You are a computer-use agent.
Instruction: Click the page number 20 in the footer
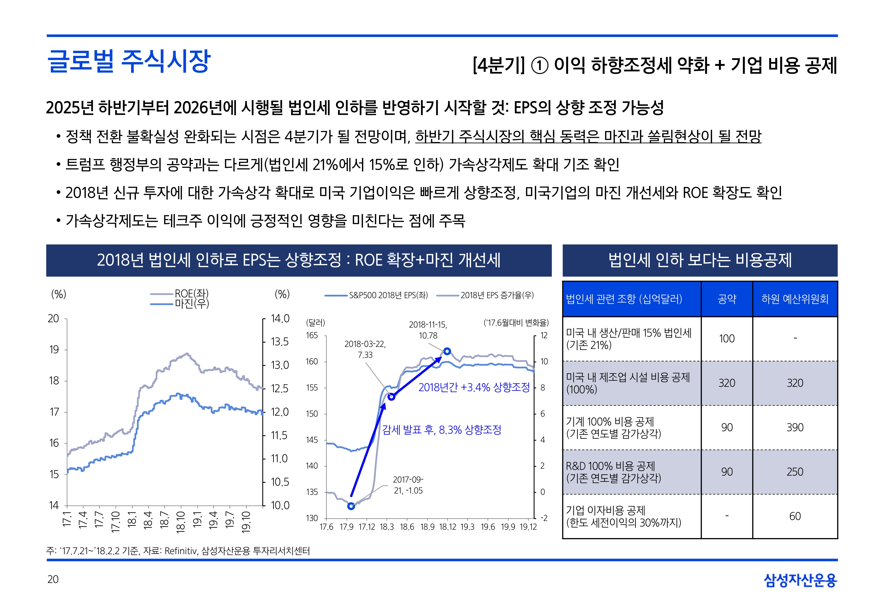pos(53,579)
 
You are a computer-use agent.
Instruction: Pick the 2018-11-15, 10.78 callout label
pos(428,330)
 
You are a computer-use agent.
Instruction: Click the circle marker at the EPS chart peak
pos(447,351)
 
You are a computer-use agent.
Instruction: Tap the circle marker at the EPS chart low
pos(351,506)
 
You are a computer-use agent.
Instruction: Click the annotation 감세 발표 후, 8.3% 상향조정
pos(442,430)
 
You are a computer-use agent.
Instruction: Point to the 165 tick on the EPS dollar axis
pos(312,335)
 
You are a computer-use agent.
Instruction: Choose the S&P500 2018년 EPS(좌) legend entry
pos(388,295)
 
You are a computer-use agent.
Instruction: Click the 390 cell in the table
pos(795,427)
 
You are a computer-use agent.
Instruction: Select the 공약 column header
pos(727,299)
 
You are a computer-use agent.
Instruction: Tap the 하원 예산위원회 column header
pos(795,299)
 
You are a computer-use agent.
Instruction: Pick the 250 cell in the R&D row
pos(795,472)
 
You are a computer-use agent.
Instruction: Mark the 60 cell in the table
pos(795,516)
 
